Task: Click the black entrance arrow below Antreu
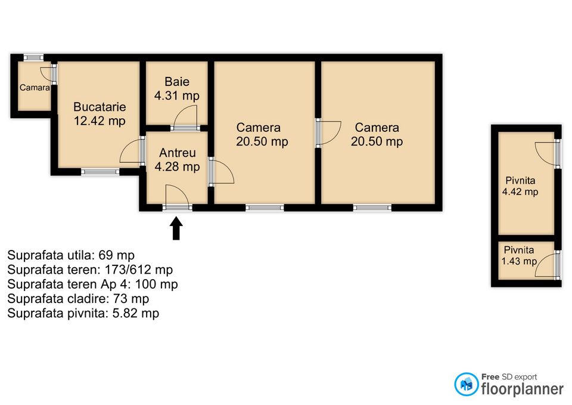[x=176, y=228]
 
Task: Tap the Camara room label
[x=35, y=88]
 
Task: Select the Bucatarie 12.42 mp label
[x=100, y=114]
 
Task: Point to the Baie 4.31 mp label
[x=177, y=88]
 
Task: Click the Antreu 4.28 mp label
[x=178, y=160]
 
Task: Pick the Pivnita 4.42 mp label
[x=520, y=186]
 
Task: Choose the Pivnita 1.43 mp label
[x=519, y=256]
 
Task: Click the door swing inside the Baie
[x=186, y=117]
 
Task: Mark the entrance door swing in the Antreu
[x=178, y=196]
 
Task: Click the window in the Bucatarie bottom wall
[x=100, y=172]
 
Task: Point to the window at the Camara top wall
[x=33, y=57]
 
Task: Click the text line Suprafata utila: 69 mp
[x=71, y=255]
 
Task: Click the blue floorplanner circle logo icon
[x=466, y=384]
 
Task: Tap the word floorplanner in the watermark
[x=523, y=389]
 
